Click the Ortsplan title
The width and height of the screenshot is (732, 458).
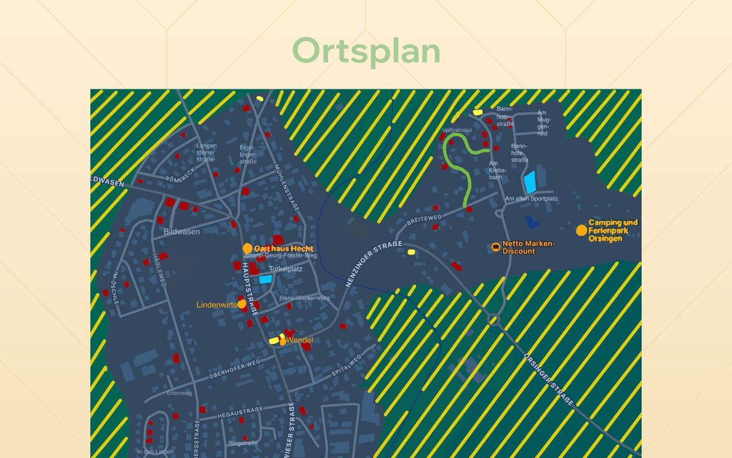pos(366,51)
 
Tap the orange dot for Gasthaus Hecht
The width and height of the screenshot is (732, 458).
pos(248,248)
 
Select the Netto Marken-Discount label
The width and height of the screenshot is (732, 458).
pos(528,247)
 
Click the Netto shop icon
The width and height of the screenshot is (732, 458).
pos(495,247)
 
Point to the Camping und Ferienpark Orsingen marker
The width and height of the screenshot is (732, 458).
pos(582,230)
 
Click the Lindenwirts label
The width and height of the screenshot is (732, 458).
pos(216,305)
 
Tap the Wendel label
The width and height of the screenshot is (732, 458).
pos(300,340)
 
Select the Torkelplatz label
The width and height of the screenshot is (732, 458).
pos(286,269)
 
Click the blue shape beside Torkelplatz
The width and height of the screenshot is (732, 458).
pos(265,279)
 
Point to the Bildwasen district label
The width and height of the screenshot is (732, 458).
pos(182,232)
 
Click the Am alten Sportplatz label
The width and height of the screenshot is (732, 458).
pos(531,199)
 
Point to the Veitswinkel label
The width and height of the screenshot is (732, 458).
pos(457,130)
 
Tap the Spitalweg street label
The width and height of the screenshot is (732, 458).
pos(347,365)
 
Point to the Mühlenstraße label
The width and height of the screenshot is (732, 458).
pos(286,183)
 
